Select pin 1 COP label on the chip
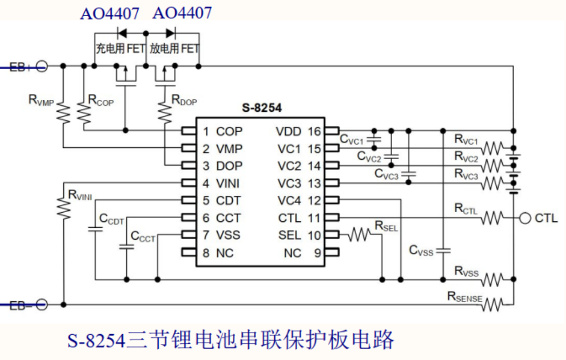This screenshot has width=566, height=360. pos(223,131)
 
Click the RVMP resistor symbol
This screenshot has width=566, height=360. pos(64,114)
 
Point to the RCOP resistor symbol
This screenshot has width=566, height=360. pos(84,114)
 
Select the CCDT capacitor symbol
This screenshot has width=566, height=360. pos(95,229)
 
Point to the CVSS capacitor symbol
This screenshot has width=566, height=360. pos(443,250)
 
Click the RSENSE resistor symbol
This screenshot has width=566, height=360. pos(492,305)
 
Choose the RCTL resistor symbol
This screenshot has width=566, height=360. pos(492,218)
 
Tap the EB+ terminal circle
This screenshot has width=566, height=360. pos(42,66)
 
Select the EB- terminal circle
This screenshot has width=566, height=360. pos(42,305)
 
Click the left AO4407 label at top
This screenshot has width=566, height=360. pos(110,13)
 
